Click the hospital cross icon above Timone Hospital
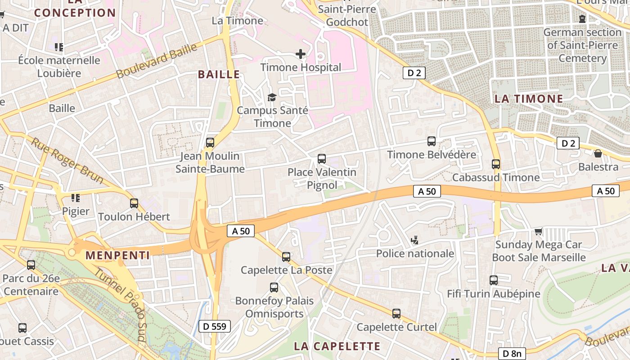tap(301, 54)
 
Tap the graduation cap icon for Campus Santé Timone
tap(272, 97)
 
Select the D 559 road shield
tap(215, 326)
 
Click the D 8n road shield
tap(512, 354)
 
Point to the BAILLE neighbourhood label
tap(219, 75)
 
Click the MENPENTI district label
tap(117, 256)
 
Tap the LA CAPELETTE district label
tap(337, 346)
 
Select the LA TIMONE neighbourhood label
tap(529, 99)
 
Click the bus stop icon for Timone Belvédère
tap(431, 141)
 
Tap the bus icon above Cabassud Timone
tap(496, 164)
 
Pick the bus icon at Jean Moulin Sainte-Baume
tap(210, 143)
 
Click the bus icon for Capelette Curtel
tap(396, 314)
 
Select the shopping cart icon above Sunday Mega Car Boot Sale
tap(538, 232)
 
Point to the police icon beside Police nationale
tap(414, 240)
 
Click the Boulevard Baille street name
tap(157, 60)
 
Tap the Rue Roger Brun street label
tap(67, 160)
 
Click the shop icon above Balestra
tap(598, 154)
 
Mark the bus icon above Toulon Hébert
tap(134, 203)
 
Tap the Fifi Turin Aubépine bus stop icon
tap(493, 280)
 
